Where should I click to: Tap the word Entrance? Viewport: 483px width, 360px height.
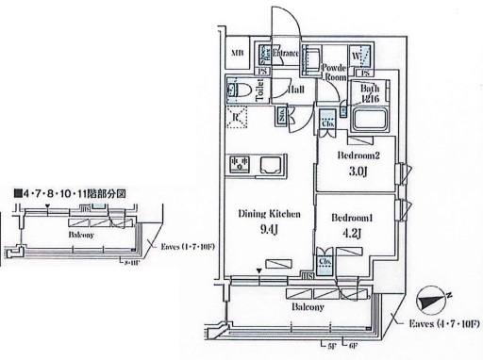(x=287, y=54)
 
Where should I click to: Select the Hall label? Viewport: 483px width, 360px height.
(x=295, y=90)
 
